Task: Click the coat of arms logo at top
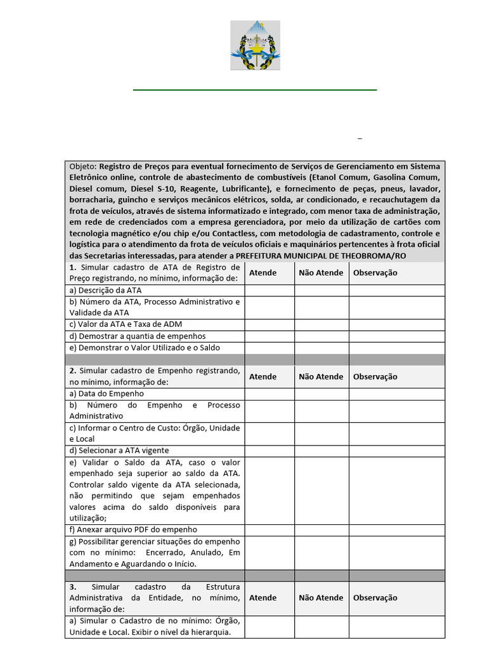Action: tap(255, 45)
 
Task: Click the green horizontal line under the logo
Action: tap(255, 90)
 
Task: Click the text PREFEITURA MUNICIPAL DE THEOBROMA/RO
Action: tap(321, 256)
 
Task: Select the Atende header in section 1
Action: tap(263, 273)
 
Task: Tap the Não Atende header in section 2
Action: tap(321, 376)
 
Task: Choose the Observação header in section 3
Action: tap(375, 597)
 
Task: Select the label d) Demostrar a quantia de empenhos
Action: tap(138, 336)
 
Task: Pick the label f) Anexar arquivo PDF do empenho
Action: tap(133, 529)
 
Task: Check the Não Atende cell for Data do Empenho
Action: tap(321, 394)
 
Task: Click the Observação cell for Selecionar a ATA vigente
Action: tap(396, 451)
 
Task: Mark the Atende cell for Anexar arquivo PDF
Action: tap(269, 529)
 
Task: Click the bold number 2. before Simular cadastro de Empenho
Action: tap(74, 371)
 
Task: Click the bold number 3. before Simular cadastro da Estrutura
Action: tap(74, 587)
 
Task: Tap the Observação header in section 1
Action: tap(375, 273)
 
